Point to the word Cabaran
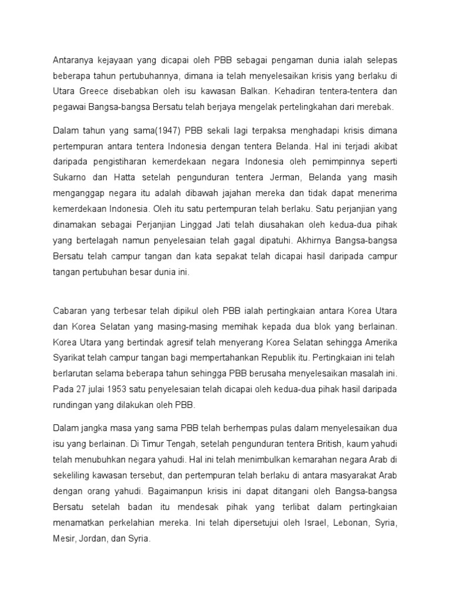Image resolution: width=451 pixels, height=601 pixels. (x=70, y=310)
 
